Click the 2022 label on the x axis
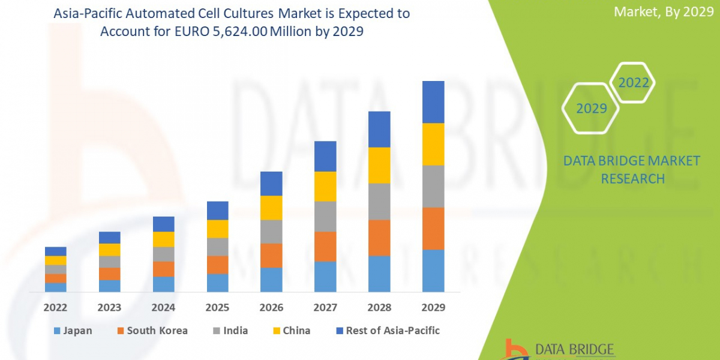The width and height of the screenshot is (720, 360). coord(55,308)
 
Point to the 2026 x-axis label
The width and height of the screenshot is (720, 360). coord(271,308)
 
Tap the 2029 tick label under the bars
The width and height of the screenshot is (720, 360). coord(433,308)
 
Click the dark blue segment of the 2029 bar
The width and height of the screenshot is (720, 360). coord(433,102)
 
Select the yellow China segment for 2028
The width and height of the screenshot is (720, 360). coord(379,165)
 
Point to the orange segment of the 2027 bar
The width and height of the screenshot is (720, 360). coord(325,247)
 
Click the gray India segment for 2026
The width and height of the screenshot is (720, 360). coord(271,232)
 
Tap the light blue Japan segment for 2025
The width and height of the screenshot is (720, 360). coord(217,283)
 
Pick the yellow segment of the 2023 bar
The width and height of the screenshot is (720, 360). coord(109,250)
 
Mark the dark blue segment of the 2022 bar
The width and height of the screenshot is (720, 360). coord(55,251)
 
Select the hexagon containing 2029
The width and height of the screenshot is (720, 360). coord(591,109)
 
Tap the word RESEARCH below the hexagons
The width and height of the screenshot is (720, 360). coord(632,179)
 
